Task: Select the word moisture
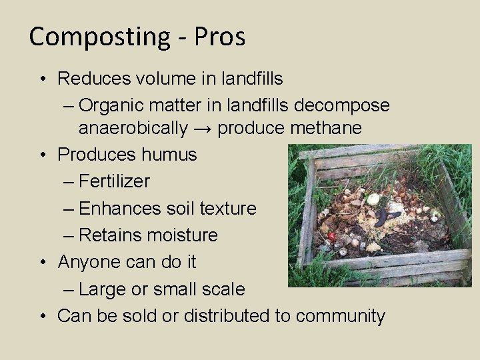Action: point(187,235)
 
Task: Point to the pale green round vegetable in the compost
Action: point(373,199)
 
